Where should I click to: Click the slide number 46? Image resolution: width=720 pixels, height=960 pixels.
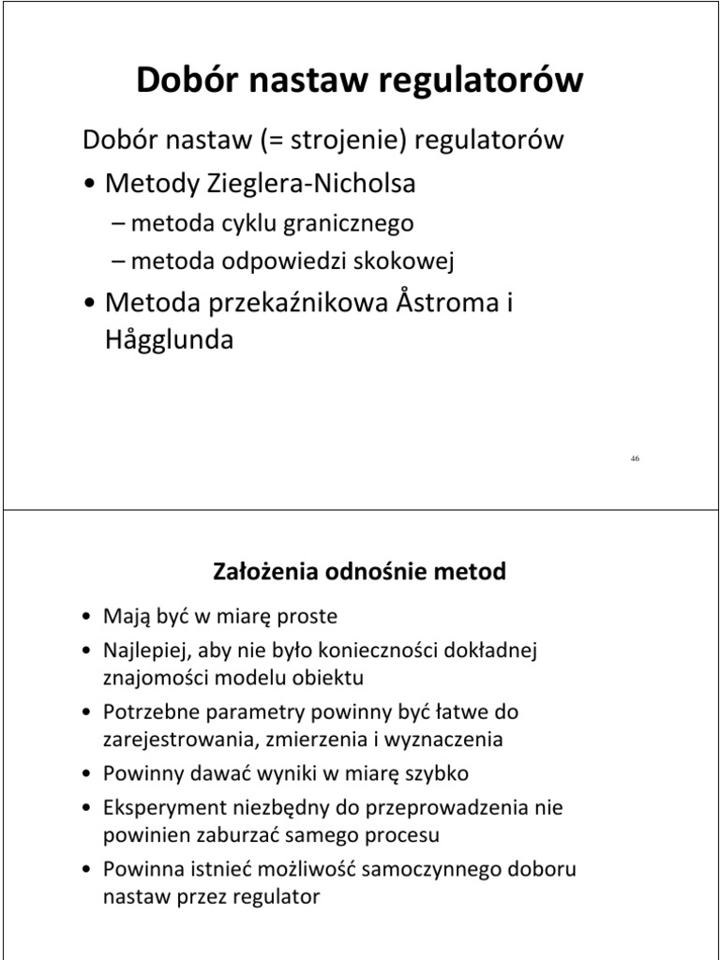(x=635, y=457)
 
